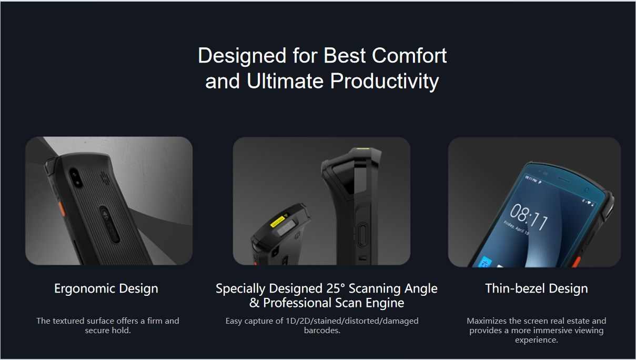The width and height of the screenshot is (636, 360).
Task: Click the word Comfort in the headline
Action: (409, 55)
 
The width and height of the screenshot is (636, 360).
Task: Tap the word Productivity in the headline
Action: (385, 82)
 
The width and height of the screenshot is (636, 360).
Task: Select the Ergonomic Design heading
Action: (106, 288)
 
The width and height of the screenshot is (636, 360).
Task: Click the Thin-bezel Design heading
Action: (537, 288)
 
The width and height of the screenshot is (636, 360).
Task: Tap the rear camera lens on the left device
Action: (75, 177)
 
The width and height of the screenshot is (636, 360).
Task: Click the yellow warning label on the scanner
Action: (279, 221)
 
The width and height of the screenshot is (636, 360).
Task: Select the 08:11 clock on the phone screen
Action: (528, 217)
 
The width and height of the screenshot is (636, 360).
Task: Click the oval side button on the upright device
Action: (362, 235)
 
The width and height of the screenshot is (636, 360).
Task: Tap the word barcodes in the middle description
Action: (322, 331)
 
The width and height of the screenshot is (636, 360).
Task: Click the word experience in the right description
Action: (537, 340)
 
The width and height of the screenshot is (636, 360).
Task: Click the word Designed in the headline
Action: (242, 56)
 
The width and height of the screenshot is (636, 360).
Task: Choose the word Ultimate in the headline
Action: (285, 81)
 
